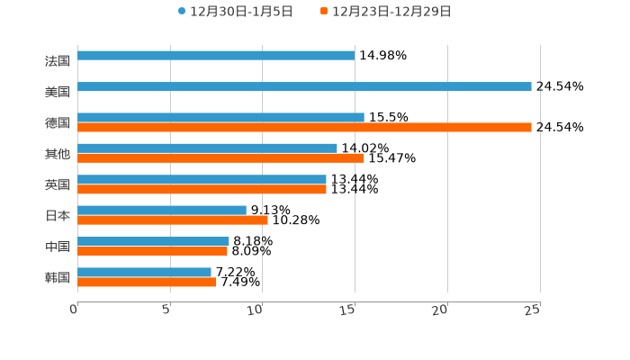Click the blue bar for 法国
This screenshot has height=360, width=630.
216,56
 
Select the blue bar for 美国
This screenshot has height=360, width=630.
304,87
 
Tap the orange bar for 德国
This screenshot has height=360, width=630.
304,128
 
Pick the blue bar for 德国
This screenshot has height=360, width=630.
220,118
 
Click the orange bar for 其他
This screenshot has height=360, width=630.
220,158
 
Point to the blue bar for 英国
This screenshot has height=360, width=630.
202,180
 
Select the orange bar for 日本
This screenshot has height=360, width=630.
173,220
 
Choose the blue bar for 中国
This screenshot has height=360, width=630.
153,241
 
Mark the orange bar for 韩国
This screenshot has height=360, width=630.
147,283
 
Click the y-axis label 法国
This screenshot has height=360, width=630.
58,61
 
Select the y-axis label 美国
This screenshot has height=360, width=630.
58,92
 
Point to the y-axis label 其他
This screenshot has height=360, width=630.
58,154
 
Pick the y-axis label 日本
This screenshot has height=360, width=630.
58,216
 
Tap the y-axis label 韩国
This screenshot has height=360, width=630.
58,277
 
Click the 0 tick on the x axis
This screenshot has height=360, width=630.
75,310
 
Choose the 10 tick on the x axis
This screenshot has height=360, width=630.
257,310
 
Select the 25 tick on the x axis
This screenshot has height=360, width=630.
533,310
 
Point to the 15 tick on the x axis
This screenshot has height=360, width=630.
349,310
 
